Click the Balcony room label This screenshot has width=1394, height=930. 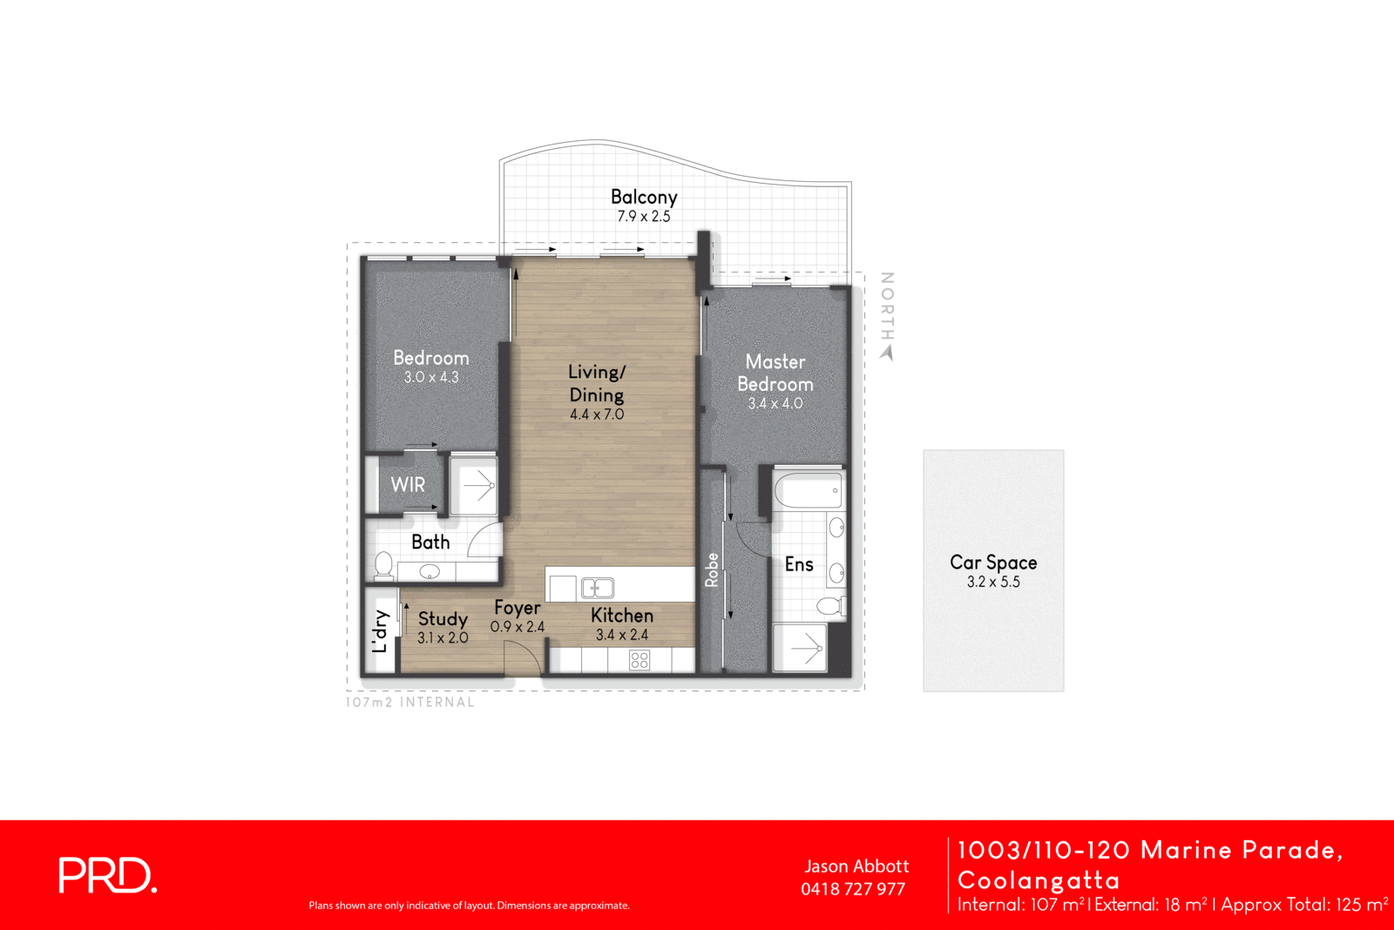point(643,197)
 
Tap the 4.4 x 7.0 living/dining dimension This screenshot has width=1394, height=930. point(597,414)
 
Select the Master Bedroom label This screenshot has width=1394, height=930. point(775,373)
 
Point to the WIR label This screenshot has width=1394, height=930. point(408,484)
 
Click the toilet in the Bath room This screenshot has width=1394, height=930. point(383,565)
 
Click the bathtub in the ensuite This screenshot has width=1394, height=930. point(809,490)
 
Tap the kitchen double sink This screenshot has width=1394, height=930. point(598,588)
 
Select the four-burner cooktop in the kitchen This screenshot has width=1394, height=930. point(639,660)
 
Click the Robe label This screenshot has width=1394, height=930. point(712,570)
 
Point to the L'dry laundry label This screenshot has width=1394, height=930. point(380,631)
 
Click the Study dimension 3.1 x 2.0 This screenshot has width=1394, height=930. point(443,637)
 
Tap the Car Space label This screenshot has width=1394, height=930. point(993,563)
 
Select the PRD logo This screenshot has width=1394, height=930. point(107,875)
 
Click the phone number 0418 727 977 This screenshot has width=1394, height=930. point(853,889)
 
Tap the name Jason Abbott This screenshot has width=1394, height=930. point(856,866)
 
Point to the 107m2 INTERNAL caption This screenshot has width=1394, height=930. point(409,702)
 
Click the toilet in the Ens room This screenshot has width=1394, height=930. point(830,605)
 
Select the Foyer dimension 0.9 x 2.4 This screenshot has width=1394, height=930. point(517,627)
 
